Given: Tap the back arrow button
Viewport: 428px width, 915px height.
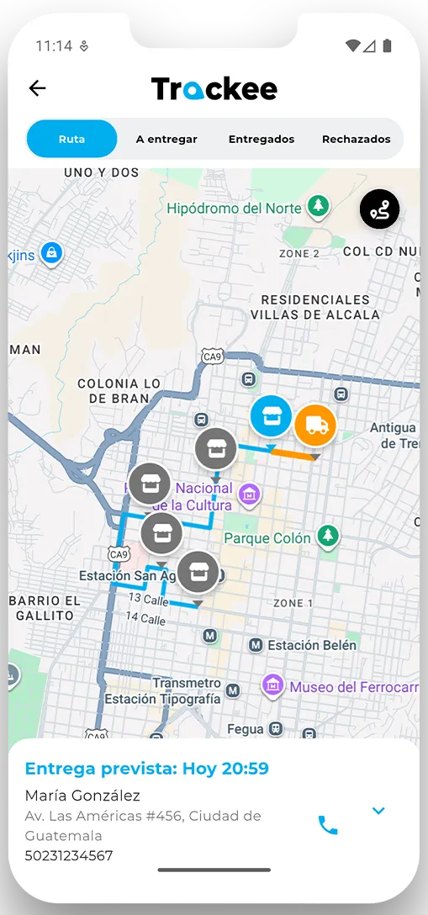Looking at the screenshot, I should click(37, 88).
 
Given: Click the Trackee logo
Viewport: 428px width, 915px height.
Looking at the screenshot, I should click(214, 89).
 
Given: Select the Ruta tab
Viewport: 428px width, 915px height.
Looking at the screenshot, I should click(72, 139).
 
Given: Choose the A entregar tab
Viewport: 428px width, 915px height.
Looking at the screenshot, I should click(166, 139).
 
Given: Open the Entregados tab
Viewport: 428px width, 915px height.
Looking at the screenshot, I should click(262, 139).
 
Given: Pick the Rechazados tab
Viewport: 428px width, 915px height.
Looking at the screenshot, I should click(356, 139).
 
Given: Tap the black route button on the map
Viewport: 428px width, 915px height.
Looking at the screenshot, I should click(379, 210).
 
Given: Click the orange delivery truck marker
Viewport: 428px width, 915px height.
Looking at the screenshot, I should click(315, 426).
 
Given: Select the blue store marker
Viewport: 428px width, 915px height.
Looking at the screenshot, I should click(271, 415).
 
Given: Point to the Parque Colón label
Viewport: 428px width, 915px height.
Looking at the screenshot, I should click(267, 537).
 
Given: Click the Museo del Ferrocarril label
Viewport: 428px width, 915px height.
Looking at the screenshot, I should click(353, 687).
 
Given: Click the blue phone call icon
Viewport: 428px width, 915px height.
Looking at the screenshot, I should click(328, 825).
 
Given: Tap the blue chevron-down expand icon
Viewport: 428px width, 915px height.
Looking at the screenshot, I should click(378, 811).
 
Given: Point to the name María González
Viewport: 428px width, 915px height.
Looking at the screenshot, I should click(82, 796).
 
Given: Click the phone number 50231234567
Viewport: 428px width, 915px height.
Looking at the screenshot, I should click(69, 856).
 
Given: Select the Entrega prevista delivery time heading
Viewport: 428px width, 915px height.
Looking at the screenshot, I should click(147, 768).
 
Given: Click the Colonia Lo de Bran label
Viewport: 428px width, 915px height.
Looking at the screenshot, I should click(119, 390).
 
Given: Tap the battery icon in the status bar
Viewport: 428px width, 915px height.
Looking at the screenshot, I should click(387, 45).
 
